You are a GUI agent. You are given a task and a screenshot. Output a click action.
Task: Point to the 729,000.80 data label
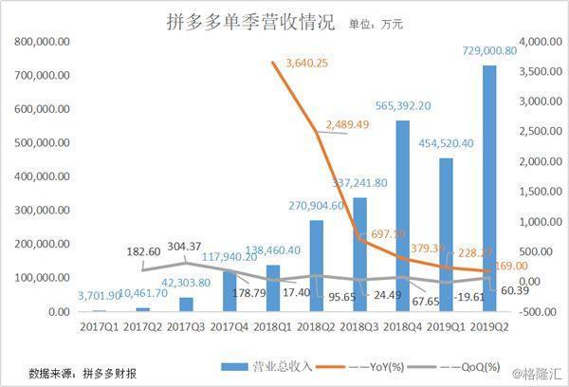tap(485, 51)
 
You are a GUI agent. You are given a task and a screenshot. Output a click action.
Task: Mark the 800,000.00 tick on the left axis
tap(34, 42)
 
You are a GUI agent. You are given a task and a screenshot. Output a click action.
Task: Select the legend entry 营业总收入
tap(269, 366)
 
